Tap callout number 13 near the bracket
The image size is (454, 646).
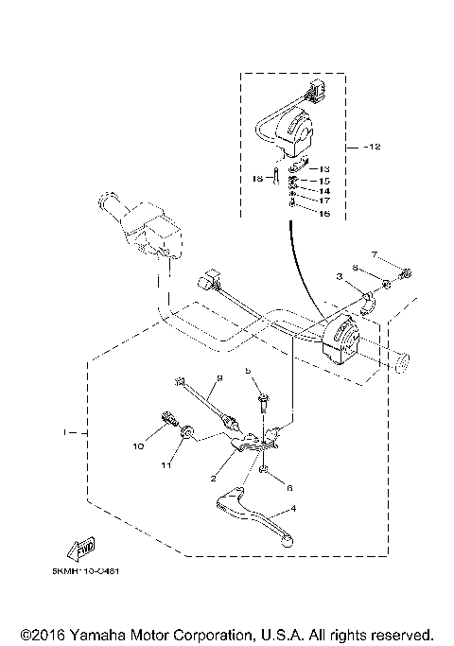click(x=324, y=168)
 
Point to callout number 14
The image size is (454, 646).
click(x=324, y=190)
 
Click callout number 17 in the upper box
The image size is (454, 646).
click(x=324, y=201)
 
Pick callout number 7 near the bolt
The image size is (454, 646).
click(x=374, y=255)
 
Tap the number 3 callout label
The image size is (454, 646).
click(x=337, y=278)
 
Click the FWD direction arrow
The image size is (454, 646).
click(x=80, y=549)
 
